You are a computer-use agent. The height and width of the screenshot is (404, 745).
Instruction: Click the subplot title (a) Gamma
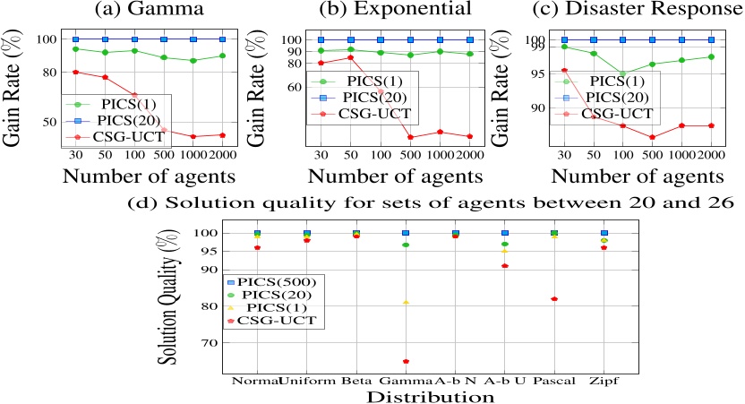pos(121,10)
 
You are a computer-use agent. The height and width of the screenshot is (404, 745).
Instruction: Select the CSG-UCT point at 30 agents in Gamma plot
pos(76,72)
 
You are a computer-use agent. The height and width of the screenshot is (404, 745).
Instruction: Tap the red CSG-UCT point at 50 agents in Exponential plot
pos(351,57)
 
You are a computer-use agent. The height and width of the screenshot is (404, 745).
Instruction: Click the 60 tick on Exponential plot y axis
pos(306,87)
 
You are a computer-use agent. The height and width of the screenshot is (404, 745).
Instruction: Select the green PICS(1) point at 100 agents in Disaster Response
pos(622,74)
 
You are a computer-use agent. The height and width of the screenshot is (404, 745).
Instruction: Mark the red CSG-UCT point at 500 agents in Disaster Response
pos(652,137)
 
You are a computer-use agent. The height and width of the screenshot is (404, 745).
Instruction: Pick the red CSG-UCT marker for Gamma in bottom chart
pos(406,361)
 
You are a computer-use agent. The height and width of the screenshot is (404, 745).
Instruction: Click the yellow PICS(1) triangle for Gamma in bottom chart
pos(406,303)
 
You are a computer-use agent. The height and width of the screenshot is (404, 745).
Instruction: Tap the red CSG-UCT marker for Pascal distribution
pos(554,298)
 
